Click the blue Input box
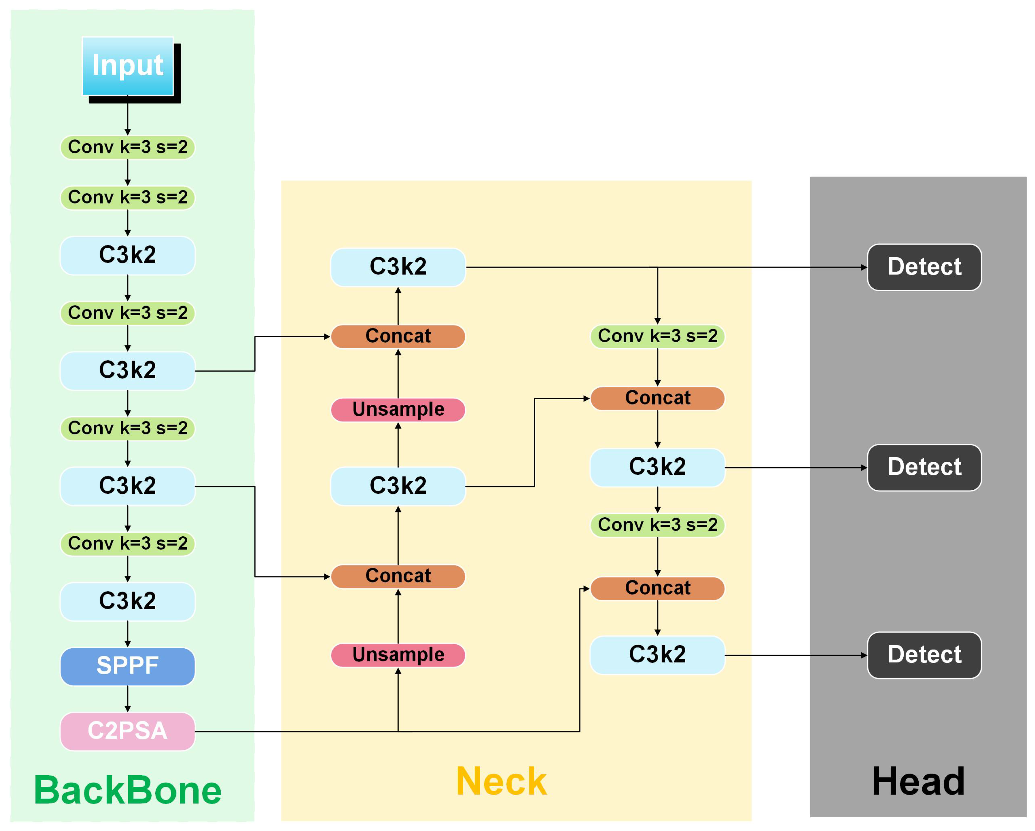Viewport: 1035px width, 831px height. click(128, 66)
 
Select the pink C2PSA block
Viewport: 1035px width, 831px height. click(128, 731)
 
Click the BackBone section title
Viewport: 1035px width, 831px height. click(128, 791)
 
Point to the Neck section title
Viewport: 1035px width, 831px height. click(501, 782)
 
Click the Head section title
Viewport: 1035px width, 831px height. click(918, 782)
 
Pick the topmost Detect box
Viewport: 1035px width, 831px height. click(924, 267)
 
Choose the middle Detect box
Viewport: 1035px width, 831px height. click(924, 468)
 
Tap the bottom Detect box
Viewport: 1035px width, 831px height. click(924, 655)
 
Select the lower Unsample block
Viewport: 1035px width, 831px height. click(398, 655)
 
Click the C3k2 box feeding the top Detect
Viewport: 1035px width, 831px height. click(398, 267)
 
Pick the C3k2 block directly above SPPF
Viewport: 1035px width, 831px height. click(128, 601)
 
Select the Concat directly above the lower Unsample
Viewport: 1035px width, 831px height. click(398, 576)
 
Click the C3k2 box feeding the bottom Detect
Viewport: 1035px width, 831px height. click(657, 655)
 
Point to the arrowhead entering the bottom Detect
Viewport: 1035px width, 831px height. click(864, 655)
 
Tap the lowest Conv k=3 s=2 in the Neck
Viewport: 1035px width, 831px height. click(657, 525)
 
